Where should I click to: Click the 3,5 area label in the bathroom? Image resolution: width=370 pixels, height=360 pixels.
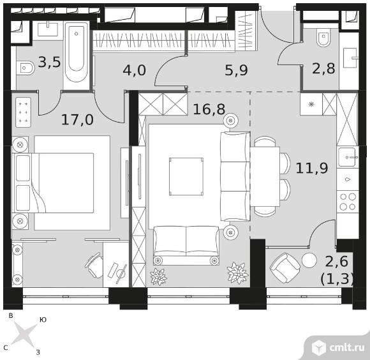[49, 63]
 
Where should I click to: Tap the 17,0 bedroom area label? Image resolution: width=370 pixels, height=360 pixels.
[77, 119]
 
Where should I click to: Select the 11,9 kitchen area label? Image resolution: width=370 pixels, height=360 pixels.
[312, 169]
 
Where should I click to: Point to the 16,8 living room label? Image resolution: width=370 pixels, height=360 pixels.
[209, 109]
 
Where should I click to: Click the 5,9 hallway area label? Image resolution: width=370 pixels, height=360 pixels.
[236, 70]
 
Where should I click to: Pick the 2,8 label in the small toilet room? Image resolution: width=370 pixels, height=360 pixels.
[324, 68]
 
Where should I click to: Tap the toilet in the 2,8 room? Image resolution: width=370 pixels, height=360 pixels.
[323, 38]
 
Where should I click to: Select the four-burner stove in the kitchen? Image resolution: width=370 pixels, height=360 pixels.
[348, 202]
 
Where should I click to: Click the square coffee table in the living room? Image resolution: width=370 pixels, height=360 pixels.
[186, 177]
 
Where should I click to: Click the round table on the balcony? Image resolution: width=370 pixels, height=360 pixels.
[309, 260]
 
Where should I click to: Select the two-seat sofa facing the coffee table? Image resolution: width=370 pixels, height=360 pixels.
[186, 245]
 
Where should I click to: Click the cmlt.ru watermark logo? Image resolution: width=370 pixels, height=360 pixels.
[338, 347]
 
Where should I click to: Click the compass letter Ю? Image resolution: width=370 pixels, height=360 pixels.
[43, 320]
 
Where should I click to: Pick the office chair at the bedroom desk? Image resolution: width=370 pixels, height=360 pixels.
[94, 266]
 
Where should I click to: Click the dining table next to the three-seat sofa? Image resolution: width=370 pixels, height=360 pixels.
[265, 176]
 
